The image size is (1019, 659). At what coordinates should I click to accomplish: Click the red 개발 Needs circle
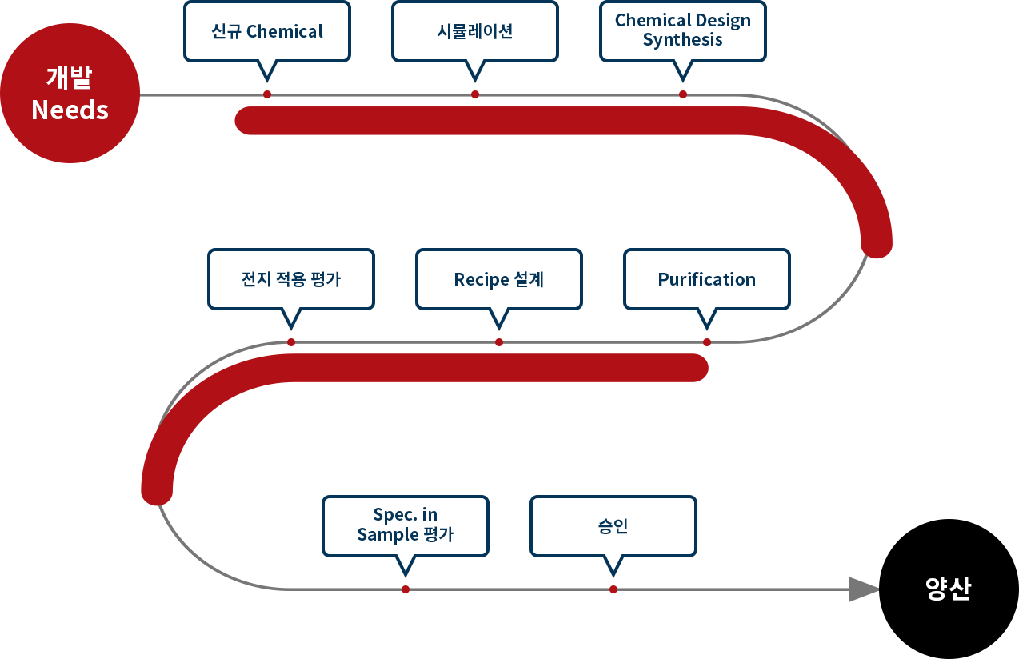coord(70,94)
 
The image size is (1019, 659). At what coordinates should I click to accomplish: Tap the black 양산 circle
coord(949,589)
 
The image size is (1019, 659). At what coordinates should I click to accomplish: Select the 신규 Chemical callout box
coord(267,31)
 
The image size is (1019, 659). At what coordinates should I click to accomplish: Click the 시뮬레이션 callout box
coord(475,31)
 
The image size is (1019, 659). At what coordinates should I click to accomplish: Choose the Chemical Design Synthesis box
coord(683,31)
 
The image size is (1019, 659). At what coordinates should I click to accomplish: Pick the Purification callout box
coord(707,279)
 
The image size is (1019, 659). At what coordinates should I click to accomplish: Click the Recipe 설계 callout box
coord(499,279)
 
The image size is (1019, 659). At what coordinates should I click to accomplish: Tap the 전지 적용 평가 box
coord(291,279)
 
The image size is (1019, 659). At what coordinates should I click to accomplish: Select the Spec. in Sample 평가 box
coord(406,526)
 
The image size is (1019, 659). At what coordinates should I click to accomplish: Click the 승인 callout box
coord(613,526)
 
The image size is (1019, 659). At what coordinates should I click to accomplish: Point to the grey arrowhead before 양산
coord(864,589)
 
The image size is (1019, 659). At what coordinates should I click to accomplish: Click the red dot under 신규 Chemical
coord(267,94)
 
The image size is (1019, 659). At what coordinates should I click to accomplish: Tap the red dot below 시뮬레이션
coord(475,94)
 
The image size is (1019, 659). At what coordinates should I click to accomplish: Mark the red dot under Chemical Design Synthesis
coord(683,94)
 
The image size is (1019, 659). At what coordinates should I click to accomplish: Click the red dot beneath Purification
coord(707,342)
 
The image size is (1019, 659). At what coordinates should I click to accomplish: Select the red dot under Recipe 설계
coord(499,342)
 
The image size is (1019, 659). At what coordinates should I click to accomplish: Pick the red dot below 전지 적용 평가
coord(291,342)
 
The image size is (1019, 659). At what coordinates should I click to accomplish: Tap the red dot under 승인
coord(613,589)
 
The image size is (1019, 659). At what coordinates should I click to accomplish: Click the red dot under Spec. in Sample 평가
coord(406,589)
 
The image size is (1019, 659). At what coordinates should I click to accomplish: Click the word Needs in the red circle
coord(70,110)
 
